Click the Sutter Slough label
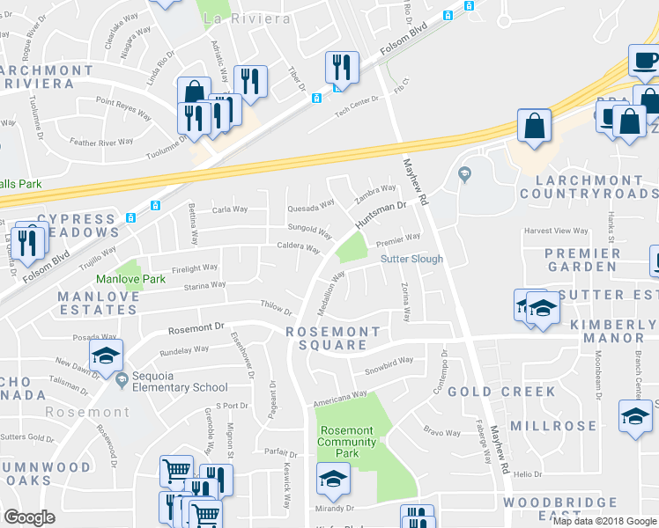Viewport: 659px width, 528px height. pyautogui.click(x=411, y=260)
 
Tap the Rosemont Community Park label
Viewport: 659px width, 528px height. pyautogui.click(x=345, y=442)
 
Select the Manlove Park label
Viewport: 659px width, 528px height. pyautogui.click(x=130, y=279)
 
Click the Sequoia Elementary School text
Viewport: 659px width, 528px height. pyautogui.click(x=181, y=387)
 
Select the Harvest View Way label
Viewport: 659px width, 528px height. pyautogui.click(x=555, y=231)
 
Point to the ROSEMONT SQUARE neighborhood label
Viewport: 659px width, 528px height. pyautogui.click(x=333, y=338)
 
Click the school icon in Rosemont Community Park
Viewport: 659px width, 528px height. pyautogui.click(x=334, y=479)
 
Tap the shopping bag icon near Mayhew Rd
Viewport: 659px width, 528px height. pyautogui.click(x=534, y=126)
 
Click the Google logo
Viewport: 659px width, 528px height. pyautogui.click(x=30, y=517)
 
